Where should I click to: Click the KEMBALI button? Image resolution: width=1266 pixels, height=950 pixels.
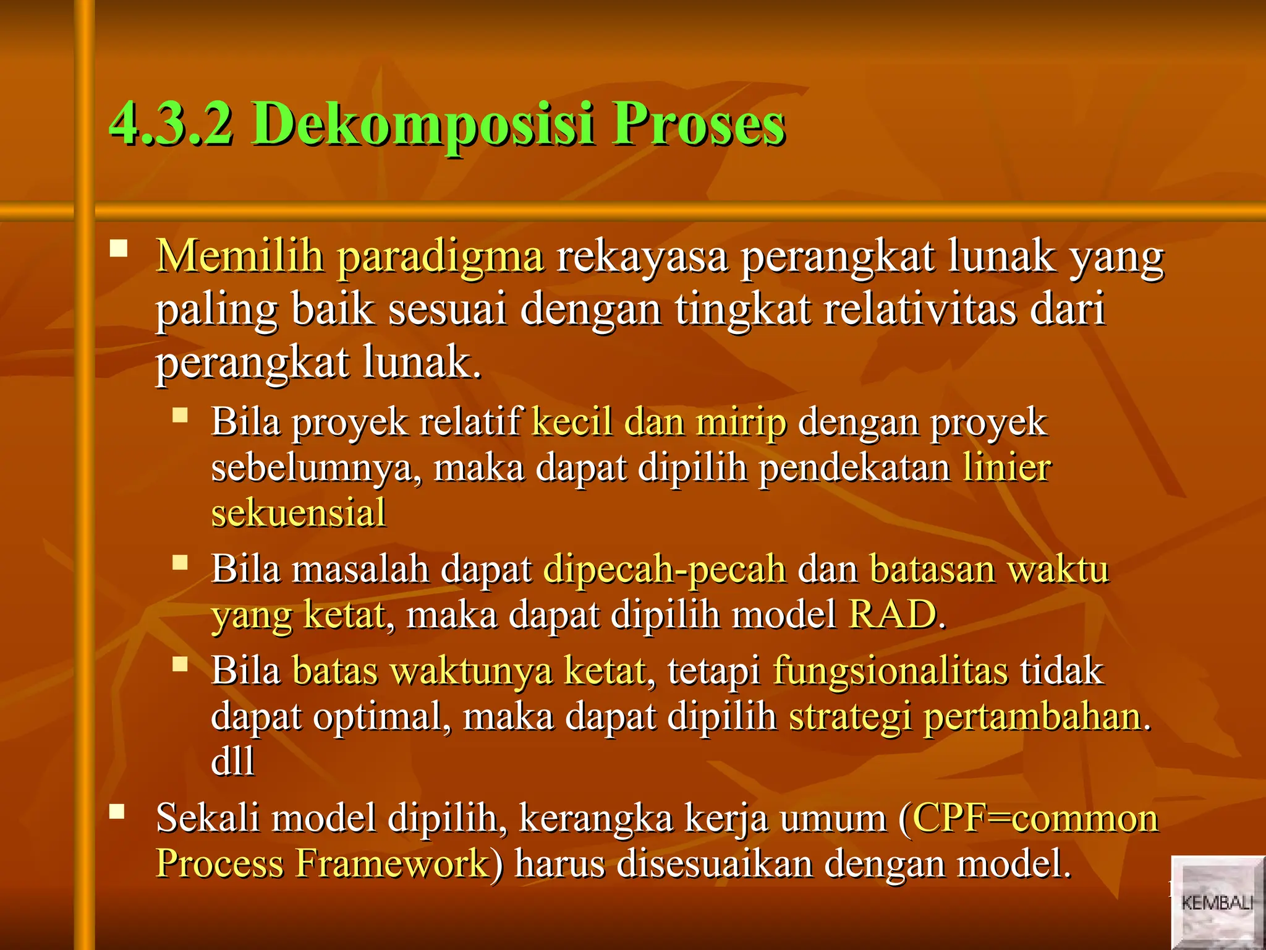point(1217,902)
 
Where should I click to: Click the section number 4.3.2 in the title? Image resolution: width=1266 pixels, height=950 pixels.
point(171,124)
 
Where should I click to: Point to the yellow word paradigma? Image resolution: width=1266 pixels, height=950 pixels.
point(441,258)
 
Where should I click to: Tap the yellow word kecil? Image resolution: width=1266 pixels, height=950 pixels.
point(572,422)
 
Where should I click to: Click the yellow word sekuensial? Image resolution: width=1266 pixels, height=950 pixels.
point(299,513)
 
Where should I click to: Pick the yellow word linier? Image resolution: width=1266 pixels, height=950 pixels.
point(1006,468)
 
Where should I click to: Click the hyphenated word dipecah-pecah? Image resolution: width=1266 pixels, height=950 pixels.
point(665,570)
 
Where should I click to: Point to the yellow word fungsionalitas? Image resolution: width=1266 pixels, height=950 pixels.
point(890,672)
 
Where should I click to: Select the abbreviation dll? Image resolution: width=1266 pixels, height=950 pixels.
point(232,761)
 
